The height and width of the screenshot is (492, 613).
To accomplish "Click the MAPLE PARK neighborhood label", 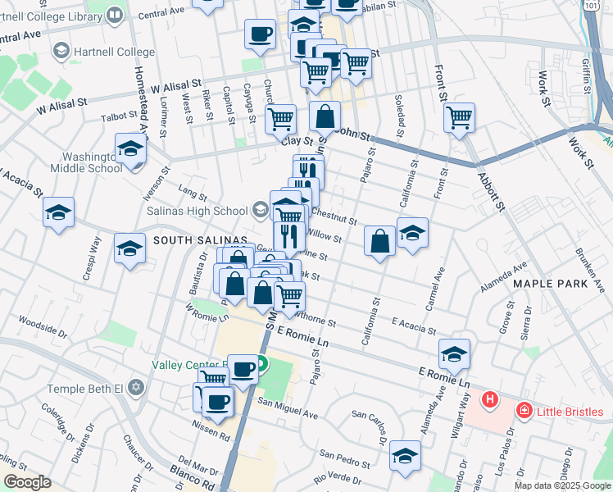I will click(551, 283).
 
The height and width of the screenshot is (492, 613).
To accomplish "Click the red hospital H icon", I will click(490, 400).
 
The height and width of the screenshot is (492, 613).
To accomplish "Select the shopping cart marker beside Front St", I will click(460, 117).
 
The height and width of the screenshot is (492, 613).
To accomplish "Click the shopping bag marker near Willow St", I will click(379, 242).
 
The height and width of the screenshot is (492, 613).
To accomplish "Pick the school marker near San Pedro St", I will click(405, 456).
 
